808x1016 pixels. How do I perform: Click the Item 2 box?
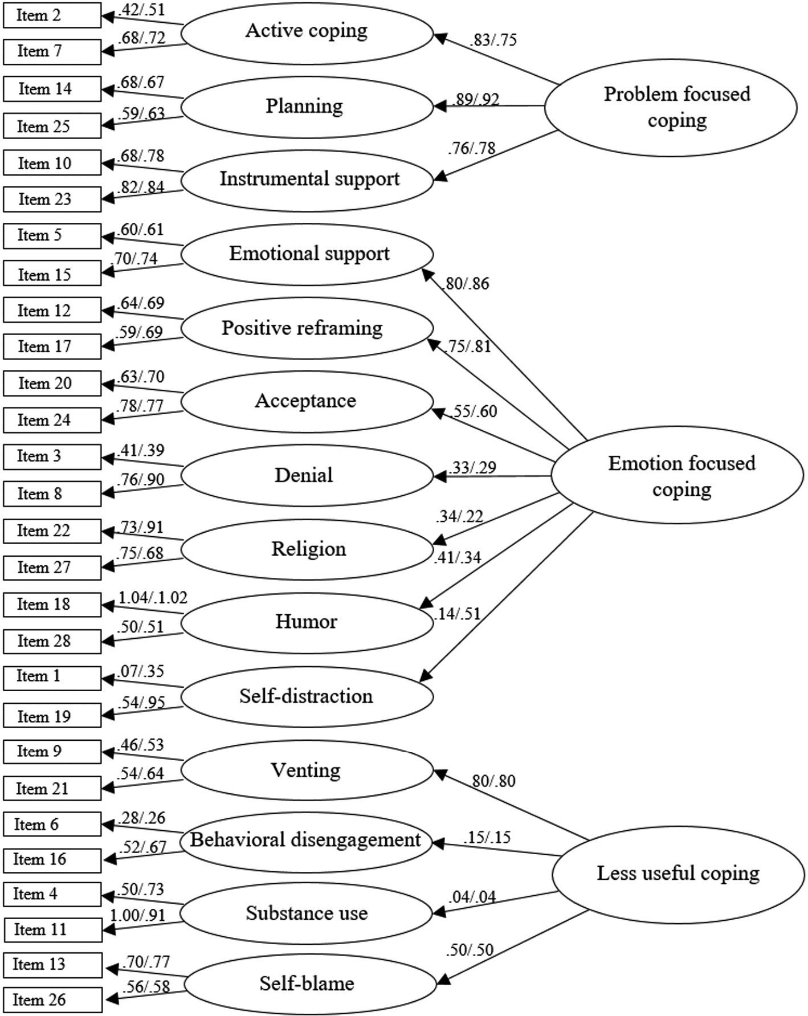[52, 15]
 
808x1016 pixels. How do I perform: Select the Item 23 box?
[52, 199]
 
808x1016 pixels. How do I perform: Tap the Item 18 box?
[52, 605]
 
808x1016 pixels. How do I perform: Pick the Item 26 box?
[53, 999]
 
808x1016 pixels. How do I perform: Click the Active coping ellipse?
[308, 32]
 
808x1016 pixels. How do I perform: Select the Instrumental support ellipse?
[308, 180]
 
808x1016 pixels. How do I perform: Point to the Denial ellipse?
[308, 476]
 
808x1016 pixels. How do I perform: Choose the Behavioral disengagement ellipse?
[306, 841]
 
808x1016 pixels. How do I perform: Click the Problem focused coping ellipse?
[671, 108]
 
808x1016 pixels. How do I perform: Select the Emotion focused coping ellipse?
[677, 475]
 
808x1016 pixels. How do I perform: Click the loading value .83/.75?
[493, 40]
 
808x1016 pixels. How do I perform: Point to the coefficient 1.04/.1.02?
[153, 597]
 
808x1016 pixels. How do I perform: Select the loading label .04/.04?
[472, 897]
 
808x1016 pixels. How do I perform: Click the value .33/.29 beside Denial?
[472, 467]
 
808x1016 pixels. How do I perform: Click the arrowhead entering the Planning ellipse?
[440, 106]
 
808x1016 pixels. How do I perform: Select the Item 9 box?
[52, 752]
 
